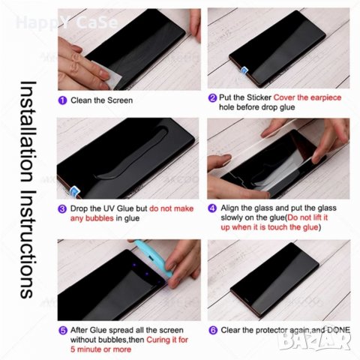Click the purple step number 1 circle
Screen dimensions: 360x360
point(61,100)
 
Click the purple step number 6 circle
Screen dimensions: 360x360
point(212,329)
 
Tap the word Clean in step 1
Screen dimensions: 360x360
point(83,100)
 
